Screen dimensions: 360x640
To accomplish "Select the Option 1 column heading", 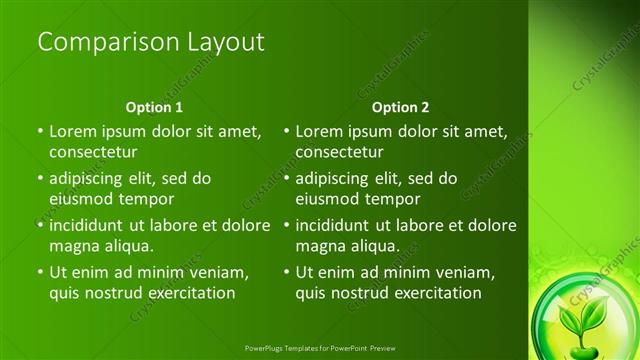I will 154,107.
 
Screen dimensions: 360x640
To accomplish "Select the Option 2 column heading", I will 401,107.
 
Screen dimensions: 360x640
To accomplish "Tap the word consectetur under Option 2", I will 340,152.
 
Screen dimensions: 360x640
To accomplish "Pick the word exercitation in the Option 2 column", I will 436,294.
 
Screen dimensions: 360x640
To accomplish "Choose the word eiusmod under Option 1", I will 83,199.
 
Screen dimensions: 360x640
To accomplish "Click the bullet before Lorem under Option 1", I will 40,131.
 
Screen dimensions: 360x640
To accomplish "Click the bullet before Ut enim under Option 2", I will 287,272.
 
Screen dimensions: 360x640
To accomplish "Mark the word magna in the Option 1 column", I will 75,246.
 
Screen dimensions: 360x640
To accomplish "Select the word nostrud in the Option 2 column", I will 364,294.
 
